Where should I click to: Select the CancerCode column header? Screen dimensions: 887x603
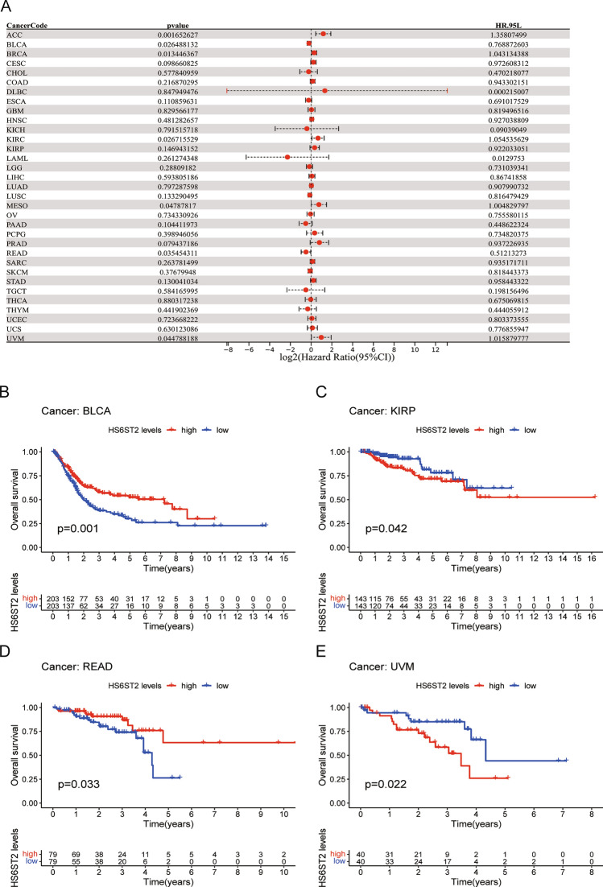coord(27,25)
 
